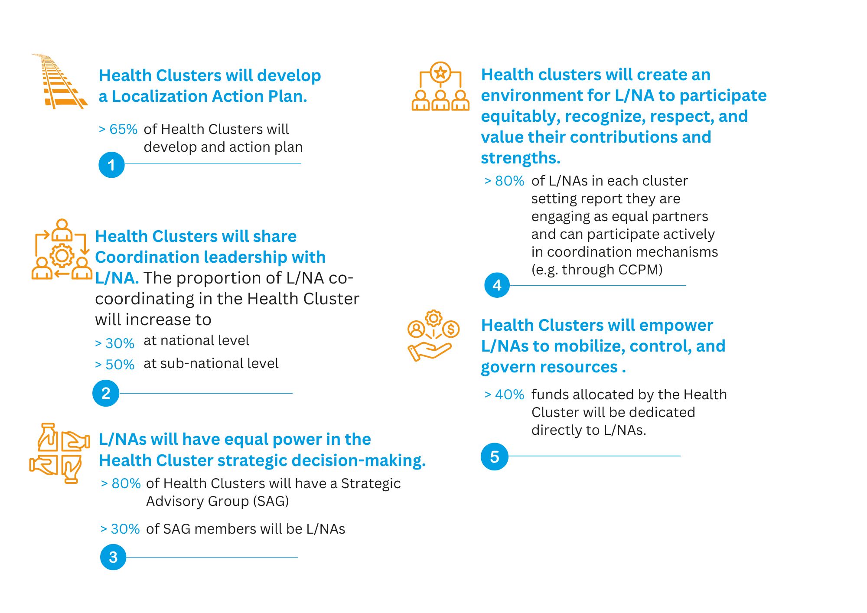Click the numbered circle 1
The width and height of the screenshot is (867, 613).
111,165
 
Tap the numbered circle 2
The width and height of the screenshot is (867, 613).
106,393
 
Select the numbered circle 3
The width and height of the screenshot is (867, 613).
113,557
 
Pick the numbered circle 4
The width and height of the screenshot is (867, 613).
497,285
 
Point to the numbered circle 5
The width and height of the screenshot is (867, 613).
495,456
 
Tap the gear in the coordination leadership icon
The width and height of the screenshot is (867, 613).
62,255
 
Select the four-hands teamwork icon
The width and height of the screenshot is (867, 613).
59,453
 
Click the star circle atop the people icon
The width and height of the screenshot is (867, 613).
440,72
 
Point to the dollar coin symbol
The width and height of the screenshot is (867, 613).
451,329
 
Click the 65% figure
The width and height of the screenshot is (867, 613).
123,129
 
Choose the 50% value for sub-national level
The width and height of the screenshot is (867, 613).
120,365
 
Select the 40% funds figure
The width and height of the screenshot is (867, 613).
510,395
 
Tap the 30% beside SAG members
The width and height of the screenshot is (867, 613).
125,529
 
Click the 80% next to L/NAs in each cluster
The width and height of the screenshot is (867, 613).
510,181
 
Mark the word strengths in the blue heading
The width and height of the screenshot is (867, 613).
521,158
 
